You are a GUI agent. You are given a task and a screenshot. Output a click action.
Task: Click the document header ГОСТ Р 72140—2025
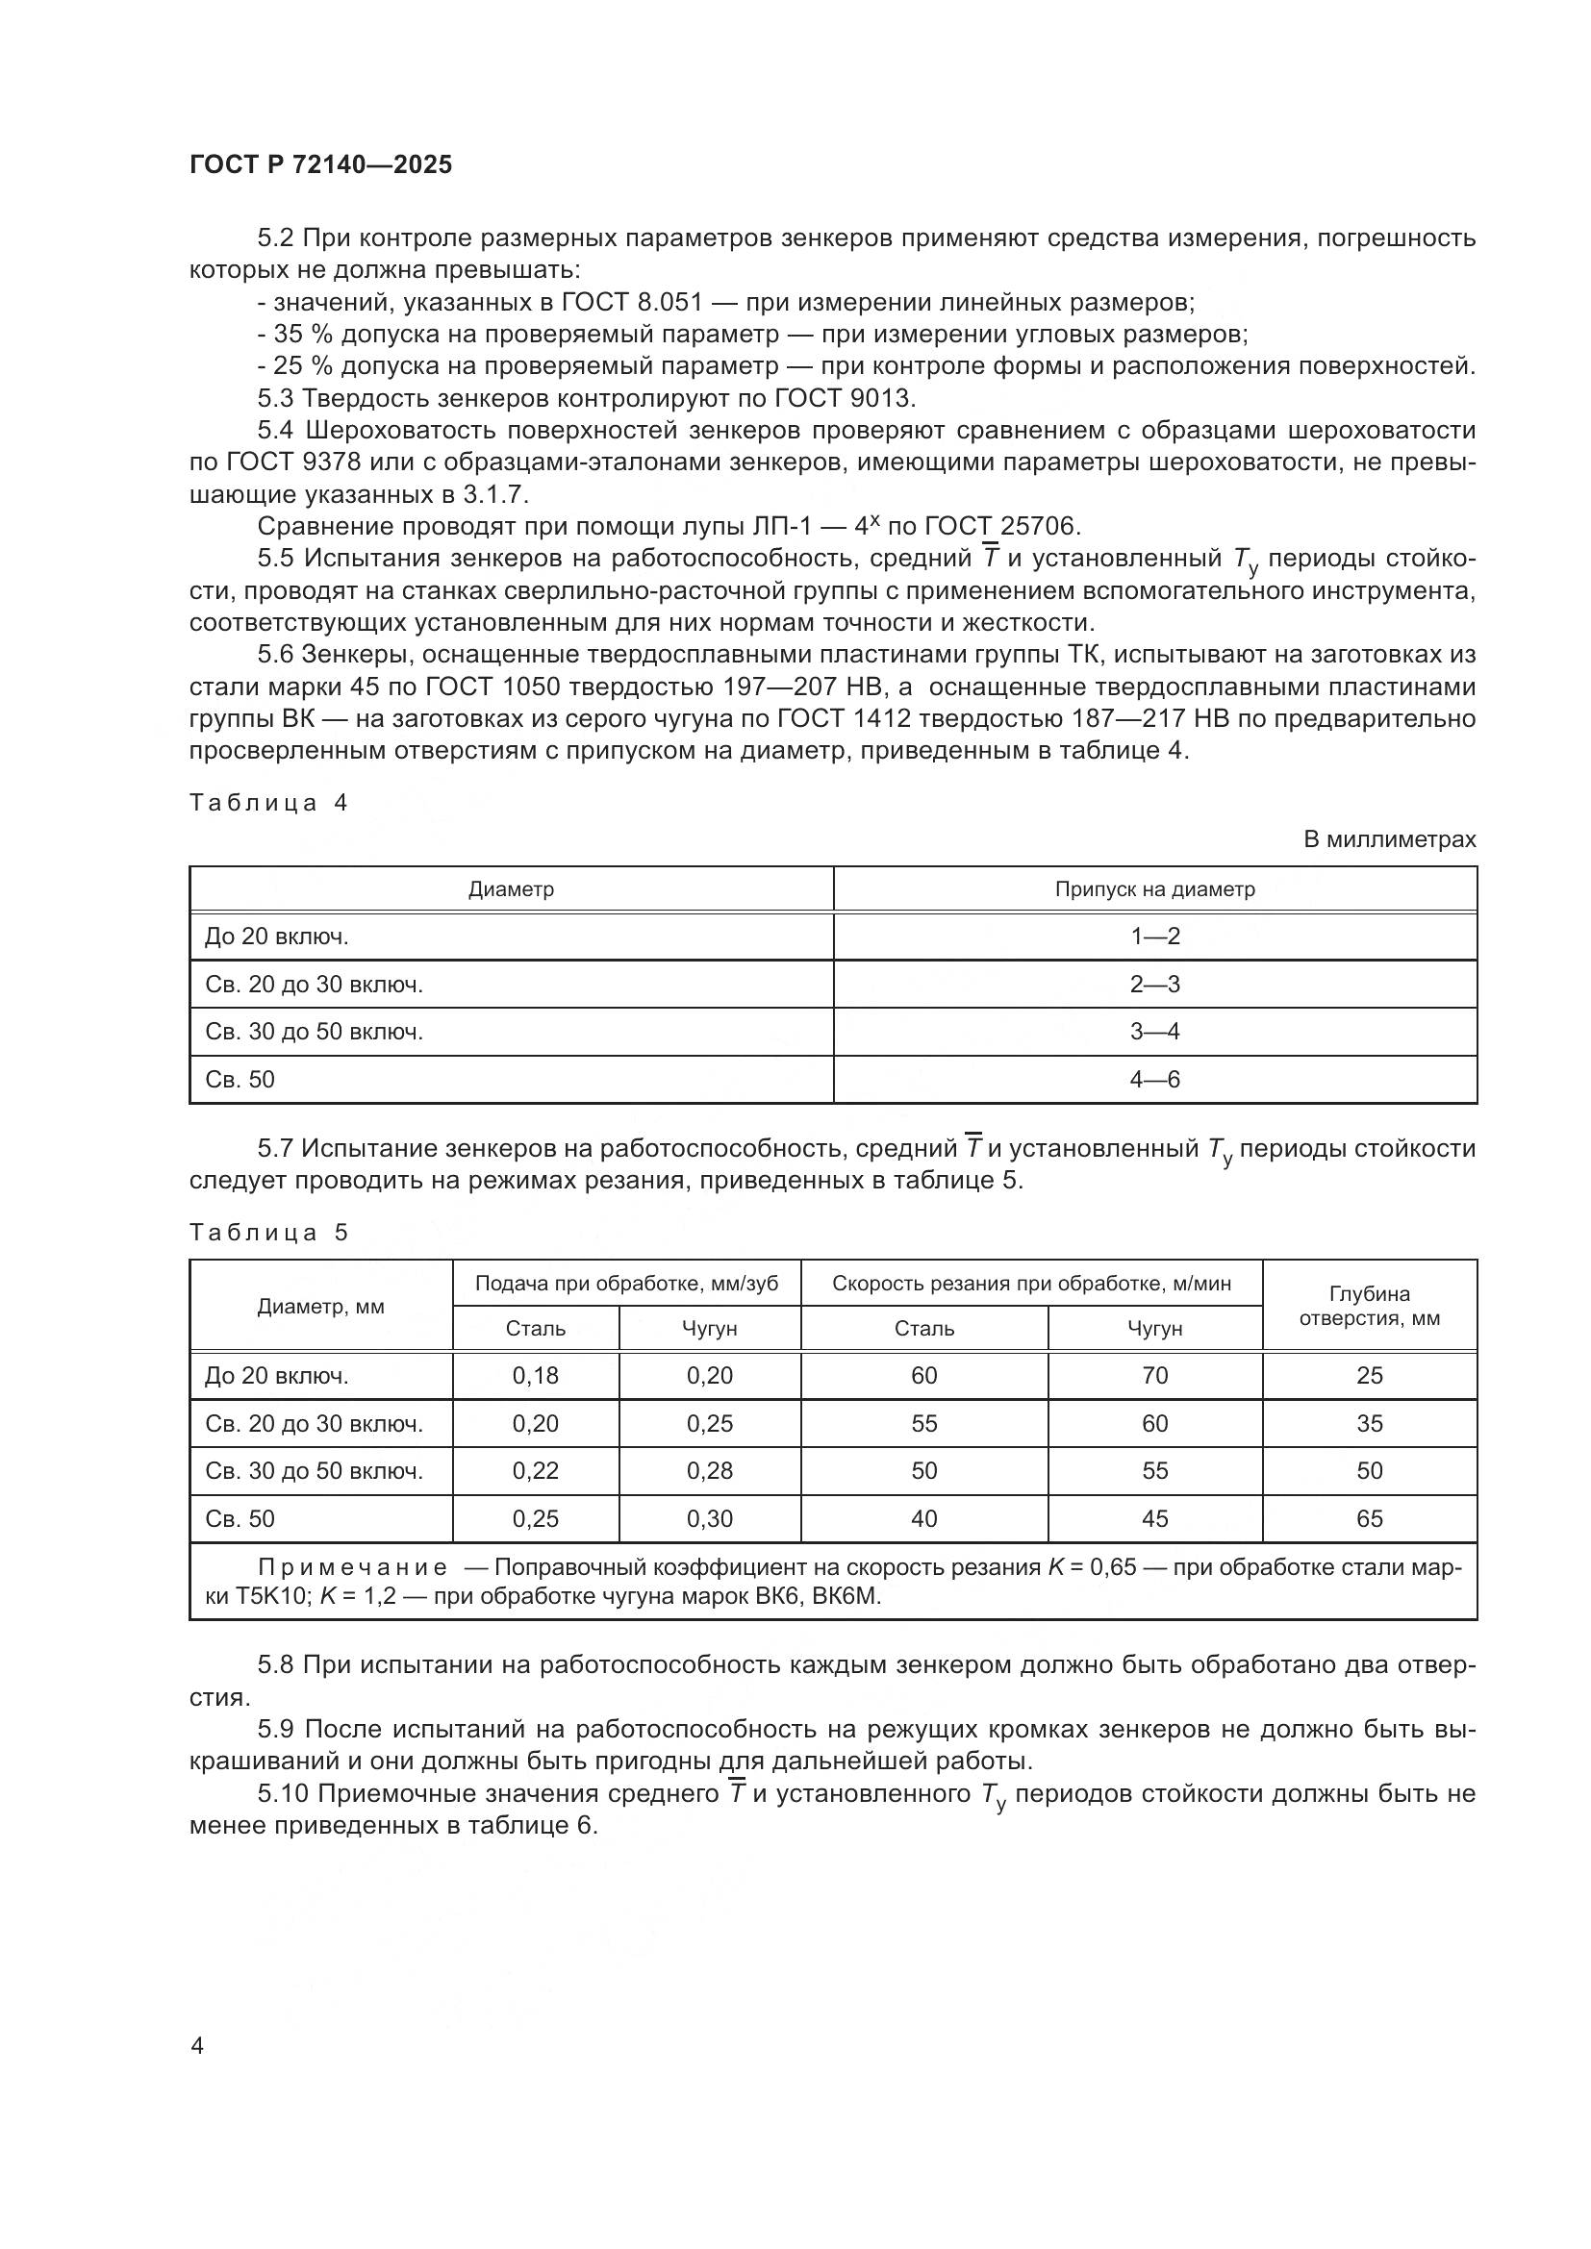[x=320, y=164]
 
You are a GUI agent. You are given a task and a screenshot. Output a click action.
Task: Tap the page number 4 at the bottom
[x=197, y=2046]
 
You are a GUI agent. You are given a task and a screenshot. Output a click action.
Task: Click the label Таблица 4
[x=268, y=803]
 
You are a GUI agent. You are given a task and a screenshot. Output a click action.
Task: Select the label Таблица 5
[x=268, y=1234]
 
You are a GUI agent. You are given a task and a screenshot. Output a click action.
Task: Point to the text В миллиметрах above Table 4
[x=1388, y=839]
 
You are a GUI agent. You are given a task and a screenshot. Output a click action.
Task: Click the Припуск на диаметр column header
[x=1154, y=889]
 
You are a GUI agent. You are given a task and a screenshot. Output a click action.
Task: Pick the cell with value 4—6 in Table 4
[x=1154, y=1080]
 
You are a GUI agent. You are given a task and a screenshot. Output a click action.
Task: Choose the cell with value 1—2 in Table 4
[x=1154, y=937]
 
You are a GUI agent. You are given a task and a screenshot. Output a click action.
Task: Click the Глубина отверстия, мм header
[x=1369, y=1306]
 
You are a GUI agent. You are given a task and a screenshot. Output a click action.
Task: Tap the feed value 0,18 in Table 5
[x=535, y=1375]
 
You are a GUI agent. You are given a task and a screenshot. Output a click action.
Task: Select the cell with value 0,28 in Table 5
[x=709, y=1471]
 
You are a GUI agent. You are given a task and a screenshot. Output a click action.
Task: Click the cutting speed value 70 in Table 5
[x=1154, y=1375]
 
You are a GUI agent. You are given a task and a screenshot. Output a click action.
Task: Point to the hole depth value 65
[x=1369, y=1519]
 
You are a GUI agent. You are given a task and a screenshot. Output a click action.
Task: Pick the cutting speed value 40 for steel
[x=923, y=1519]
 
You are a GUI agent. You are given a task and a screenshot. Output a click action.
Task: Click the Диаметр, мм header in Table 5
[x=320, y=1307]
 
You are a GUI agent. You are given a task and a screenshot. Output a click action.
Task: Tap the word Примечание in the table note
[x=353, y=1567]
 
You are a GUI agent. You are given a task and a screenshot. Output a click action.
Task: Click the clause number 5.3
[x=276, y=399]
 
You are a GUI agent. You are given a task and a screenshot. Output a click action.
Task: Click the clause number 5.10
[x=283, y=1794]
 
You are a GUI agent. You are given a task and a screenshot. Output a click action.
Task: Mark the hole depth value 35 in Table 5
[x=1369, y=1423]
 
